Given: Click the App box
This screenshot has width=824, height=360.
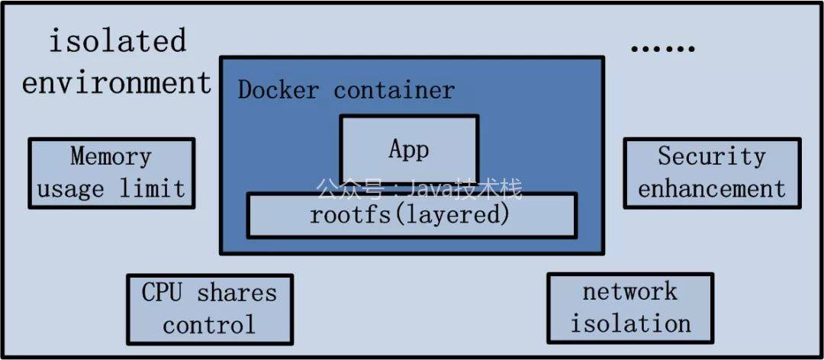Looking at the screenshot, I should click(409, 149).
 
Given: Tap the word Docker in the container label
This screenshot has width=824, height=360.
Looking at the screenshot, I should click(278, 90).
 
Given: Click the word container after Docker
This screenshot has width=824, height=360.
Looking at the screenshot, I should click(394, 90).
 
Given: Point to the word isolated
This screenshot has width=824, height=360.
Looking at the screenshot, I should click(117, 40).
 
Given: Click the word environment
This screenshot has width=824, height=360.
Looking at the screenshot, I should click(116, 82).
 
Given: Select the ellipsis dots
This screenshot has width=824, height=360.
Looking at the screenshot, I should click(662, 48).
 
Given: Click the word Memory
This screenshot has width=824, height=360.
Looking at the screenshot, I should click(111, 156).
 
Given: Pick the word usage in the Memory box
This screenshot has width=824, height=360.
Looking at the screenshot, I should click(70, 188).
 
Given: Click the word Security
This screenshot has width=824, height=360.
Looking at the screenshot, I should click(711, 156).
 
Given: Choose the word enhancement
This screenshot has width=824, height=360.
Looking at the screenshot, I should click(711, 188).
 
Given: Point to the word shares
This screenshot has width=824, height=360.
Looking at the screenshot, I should click(237, 292).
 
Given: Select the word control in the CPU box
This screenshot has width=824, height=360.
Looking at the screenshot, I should click(209, 325).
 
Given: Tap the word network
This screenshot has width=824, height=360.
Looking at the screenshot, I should click(629, 291).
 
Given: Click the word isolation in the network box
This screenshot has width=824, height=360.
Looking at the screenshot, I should click(631, 323).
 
